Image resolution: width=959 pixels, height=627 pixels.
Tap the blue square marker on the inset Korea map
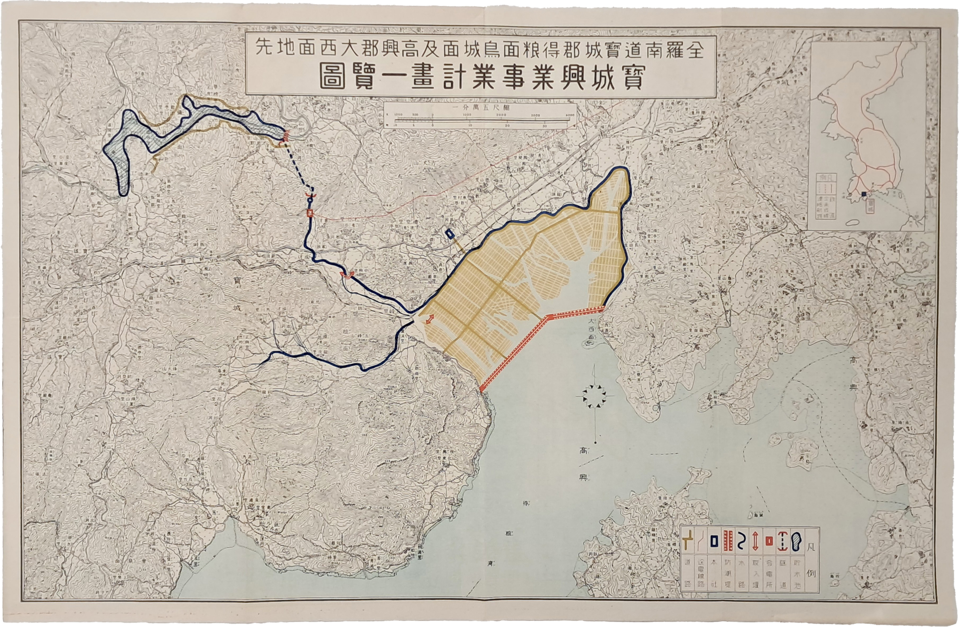click(x=864, y=194)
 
